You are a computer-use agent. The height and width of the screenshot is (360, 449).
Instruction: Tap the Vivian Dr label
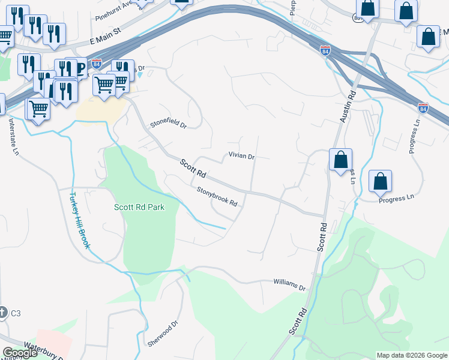coord(242,156)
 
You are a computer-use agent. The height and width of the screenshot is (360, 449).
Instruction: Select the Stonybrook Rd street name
coord(217,197)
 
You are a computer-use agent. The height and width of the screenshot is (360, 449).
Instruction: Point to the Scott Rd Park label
coord(139,207)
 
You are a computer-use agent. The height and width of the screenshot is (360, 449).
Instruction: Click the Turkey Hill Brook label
coord(79,220)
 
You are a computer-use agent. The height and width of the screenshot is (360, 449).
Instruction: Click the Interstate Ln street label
coord(13,136)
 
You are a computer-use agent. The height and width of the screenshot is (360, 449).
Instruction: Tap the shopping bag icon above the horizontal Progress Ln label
coord(380,181)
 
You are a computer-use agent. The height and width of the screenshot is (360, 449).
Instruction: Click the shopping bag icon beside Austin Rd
coord(340,160)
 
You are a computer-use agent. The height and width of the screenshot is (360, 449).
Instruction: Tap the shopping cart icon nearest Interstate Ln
coord(38,110)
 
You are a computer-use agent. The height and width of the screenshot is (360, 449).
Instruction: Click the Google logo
coord(20,353)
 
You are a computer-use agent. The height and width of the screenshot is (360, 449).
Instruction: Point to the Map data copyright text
coord(412,355)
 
